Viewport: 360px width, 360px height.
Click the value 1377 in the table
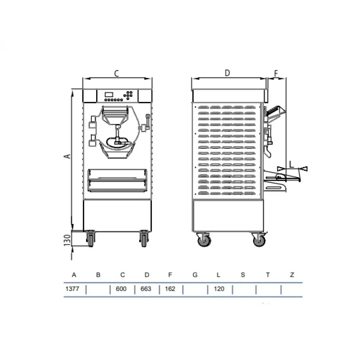(72, 289)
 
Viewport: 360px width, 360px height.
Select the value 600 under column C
(121, 289)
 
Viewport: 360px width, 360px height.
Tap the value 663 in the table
(146, 289)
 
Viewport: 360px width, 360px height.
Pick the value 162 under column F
(170, 289)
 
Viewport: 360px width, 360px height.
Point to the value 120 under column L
(219, 289)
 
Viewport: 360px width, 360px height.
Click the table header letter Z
(292, 275)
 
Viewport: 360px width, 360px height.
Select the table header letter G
(195, 275)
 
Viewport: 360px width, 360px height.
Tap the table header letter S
(243, 275)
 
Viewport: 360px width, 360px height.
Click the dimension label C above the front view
(116, 73)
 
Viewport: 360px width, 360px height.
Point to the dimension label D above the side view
(227, 73)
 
